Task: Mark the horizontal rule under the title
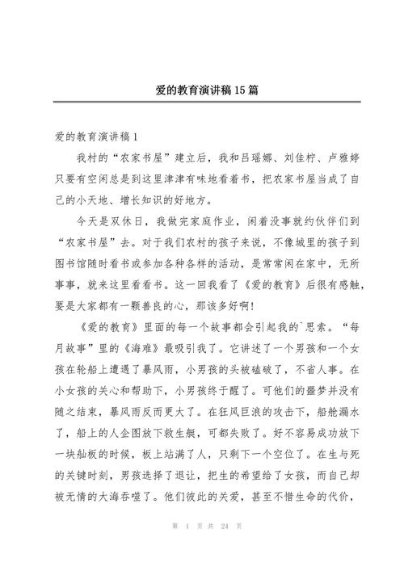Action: point(201,102)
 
